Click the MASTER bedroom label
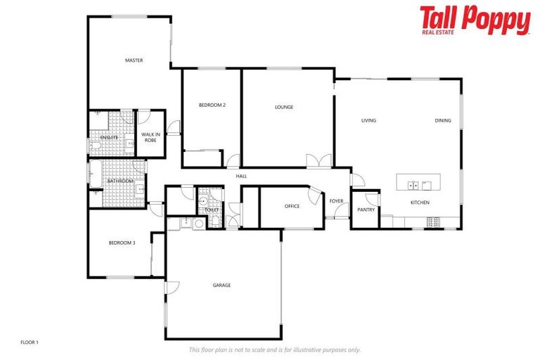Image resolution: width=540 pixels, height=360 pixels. pyautogui.click(x=134, y=60)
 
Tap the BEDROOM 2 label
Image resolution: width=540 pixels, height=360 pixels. pyautogui.click(x=212, y=105)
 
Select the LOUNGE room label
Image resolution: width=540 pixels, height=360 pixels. pyautogui.click(x=284, y=107)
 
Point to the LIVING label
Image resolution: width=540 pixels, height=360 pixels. pyautogui.click(x=368, y=120)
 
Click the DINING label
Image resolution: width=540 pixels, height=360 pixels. pyautogui.click(x=443, y=120)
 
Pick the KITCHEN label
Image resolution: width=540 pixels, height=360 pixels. pyautogui.click(x=420, y=202)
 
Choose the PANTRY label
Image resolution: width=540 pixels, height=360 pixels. pyautogui.click(x=366, y=210)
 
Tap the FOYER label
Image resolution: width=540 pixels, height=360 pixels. pyautogui.click(x=337, y=201)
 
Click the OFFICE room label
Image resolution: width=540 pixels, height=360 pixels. pyautogui.click(x=292, y=206)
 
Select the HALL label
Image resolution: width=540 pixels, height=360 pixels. pyautogui.click(x=241, y=176)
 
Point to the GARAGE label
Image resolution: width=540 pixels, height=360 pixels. pyautogui.click(x=221, y=285)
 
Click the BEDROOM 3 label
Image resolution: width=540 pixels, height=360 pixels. pyautogui.click(x=122, y=243)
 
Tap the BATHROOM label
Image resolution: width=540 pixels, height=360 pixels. pyautogui.click(x=120, y=181)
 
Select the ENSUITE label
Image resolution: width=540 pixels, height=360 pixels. pyautogui.click(x=109, y=137)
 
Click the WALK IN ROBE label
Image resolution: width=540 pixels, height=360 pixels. pyautogui.click(x=150, y=137)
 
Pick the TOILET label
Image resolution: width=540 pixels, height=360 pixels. pyautogui.click(x=212, y=210)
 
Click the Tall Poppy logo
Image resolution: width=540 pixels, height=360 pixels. pyautogui.click(x=475, y=20)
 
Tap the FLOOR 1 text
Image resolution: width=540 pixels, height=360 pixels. pyautogui.click(x=30, y=342)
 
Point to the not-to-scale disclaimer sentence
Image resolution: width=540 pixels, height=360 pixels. pyautogui.click(x=274, y=349)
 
